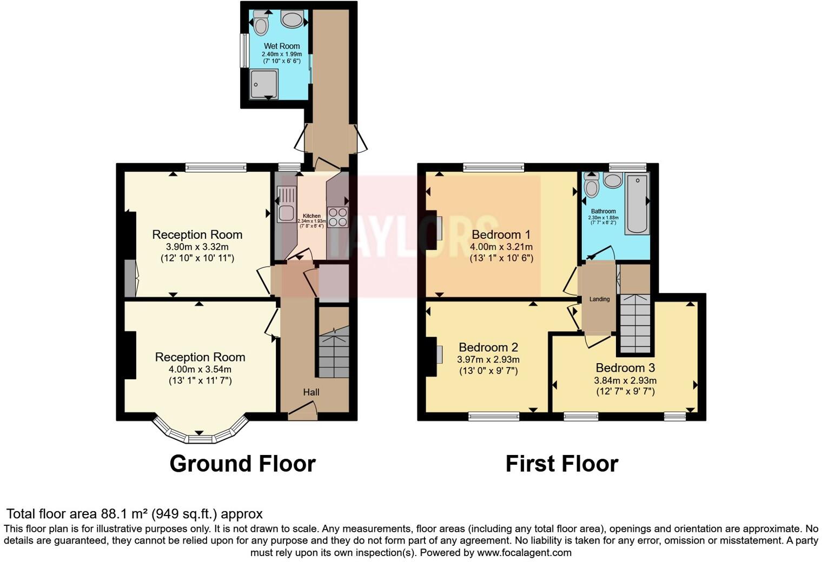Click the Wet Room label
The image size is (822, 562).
[x=282, y=46]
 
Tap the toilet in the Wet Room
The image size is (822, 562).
[x=261, y=23]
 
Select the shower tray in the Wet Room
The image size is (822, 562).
[x=264, y=84]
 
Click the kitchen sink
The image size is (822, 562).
[x=286, y=204]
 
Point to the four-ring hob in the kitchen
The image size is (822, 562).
[x=338, y=217]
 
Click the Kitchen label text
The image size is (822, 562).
[x=311, y=216]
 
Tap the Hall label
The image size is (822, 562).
[x=311, y=392]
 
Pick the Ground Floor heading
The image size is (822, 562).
[x=242, y=464]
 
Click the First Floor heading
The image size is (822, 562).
[x=561, y=464]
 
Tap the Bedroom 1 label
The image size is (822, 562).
[x=501, y=235]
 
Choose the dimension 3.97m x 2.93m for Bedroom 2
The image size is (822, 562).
[x=488, y=359]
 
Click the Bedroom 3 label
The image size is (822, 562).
[x=625, y=368]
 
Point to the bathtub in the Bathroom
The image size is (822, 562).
[x=637, y=204]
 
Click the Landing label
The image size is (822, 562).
[x=599, y=299]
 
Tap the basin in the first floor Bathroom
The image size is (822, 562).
[x=613, y=181]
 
